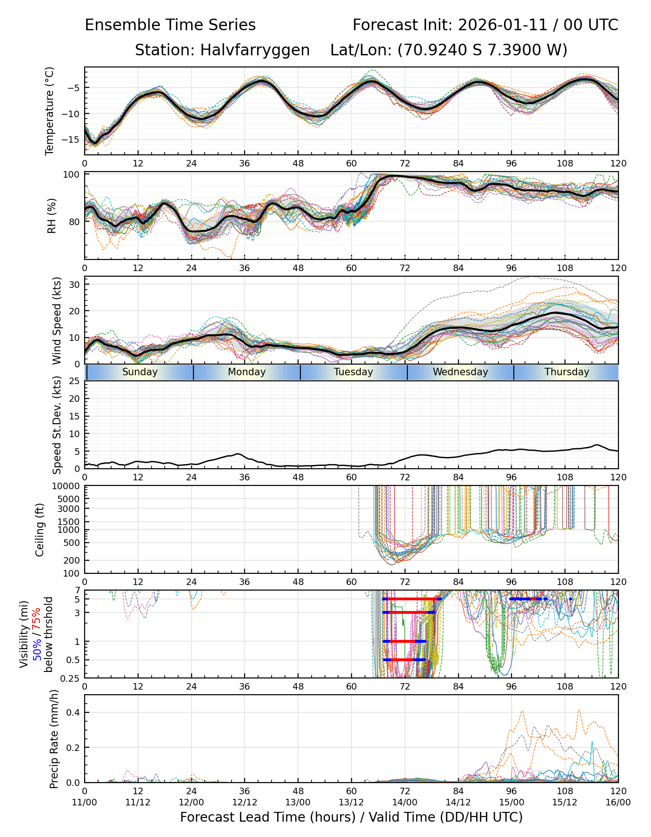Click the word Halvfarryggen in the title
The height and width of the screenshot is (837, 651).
point(255,50)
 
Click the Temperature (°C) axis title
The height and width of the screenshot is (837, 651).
point(50,111)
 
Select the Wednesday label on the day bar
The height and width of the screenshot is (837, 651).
point(460,372)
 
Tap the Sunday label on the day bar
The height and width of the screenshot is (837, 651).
point(140,372)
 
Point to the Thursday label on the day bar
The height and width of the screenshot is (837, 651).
point(567,372)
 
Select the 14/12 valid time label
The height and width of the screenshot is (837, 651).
point(458,803)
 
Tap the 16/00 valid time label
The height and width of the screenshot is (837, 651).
point(618,803)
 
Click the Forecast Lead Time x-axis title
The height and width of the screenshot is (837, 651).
point(351,817)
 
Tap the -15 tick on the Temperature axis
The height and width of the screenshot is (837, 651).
point(73,139)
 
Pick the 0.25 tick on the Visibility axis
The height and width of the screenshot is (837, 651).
point(71,678)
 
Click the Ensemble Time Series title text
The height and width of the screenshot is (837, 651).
point(170,25)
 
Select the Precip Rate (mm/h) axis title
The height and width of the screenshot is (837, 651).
point(54,738)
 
